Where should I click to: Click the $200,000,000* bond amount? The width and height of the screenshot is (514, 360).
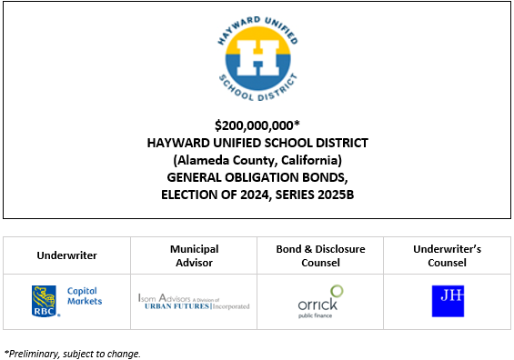click(x=258, y=125)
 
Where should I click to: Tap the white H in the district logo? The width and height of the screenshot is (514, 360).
click(x=257, y=57)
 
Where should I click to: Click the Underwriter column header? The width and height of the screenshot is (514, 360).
click(x=67, y=256)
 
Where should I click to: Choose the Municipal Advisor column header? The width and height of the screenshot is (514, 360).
click(x=194, y=255)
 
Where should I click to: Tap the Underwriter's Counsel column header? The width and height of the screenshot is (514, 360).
click(x=446, y=255)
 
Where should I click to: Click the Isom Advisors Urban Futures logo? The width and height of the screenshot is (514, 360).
click(x=194, y=301)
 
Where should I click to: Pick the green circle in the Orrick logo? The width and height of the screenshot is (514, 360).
click(x=336, y=291)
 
